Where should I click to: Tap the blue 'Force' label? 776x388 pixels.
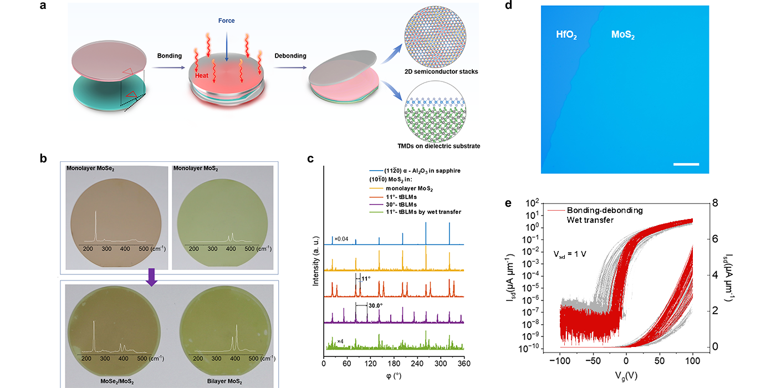tap(227, 21)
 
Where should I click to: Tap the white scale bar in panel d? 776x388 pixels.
tap(687, 164)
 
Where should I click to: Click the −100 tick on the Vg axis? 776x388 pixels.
tap(559, 361)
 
